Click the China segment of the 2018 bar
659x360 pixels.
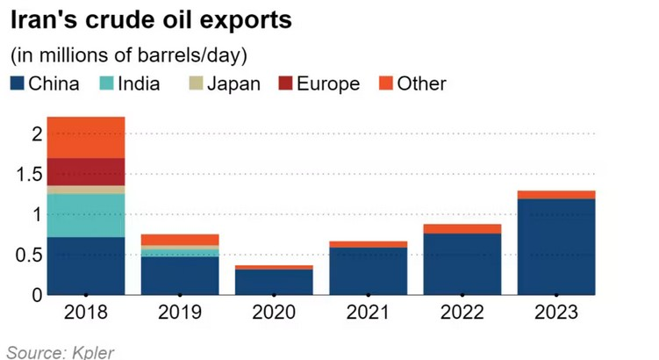pyautogui.click(x=86, y=266)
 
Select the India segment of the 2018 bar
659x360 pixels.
pyautogui.click(x=86, y=215)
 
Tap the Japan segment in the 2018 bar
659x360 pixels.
pyautogui.click(x=86, y=189)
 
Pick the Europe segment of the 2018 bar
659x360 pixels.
pyautogui.click(x=86, y=171)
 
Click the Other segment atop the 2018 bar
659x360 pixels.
pyautogui.click(x=86, y=137)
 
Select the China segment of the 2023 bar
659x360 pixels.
pyautogui.click(x=556, y=247)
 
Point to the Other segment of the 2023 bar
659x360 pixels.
pyautogui.click(x=556, y=194)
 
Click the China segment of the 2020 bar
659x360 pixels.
pyautogui.click(x=274, y=282)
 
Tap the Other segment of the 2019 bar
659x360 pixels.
pyautogui.click(x=180, y=240)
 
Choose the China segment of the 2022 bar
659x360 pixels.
pyautogui.click(x=462, y=264)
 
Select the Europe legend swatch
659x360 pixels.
pyautogui.click(x=285, y=84)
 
